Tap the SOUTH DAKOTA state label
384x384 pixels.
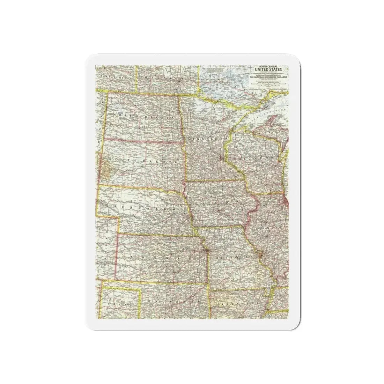(143, 161)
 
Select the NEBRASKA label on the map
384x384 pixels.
(143, 207)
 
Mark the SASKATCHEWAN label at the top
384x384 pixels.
(115, 79)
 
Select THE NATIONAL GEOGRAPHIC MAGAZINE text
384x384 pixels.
(271, 79)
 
